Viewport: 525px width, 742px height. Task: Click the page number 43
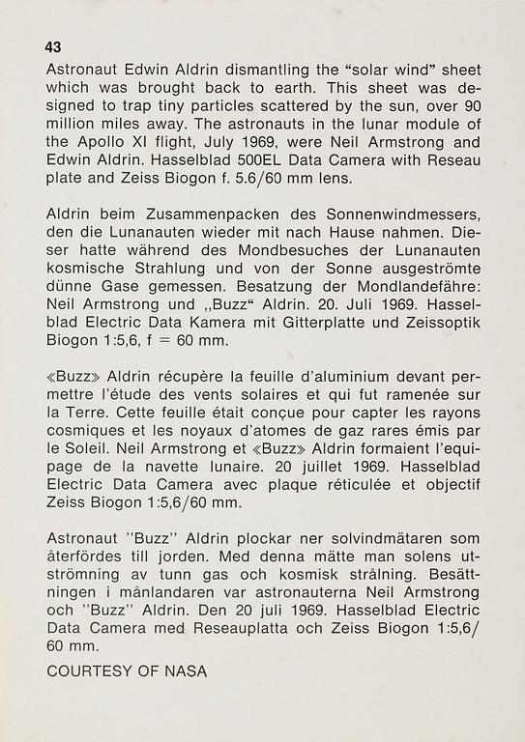53,47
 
